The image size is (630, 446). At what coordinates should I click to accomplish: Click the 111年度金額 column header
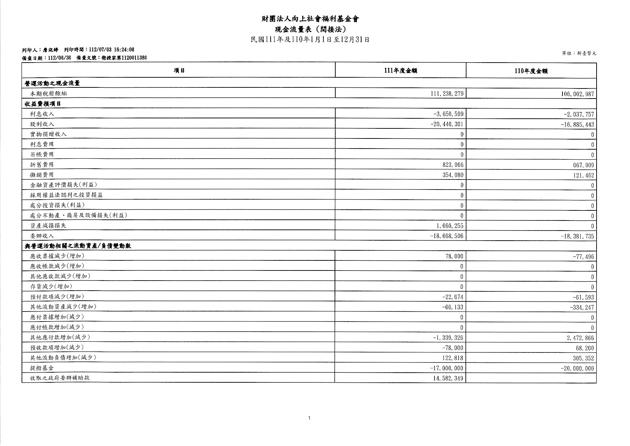point(400,71)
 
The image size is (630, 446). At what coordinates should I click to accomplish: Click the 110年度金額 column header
point(531,71)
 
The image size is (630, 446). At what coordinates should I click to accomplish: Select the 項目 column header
point(179,70)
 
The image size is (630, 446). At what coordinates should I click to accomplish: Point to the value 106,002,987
point(577,94)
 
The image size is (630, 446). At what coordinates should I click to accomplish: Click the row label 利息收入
point(42,114)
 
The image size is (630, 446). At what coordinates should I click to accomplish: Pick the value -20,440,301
point(447,124)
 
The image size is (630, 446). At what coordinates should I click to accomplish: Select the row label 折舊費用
point(42,164)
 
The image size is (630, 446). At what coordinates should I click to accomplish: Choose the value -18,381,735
point(577,236)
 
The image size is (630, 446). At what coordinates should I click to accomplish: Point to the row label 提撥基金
point(42,368)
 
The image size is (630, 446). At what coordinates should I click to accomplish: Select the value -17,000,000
point(447,368)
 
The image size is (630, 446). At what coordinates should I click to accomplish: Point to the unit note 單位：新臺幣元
point(579,53)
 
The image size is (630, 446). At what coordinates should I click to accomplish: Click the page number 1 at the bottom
point(309,418)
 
